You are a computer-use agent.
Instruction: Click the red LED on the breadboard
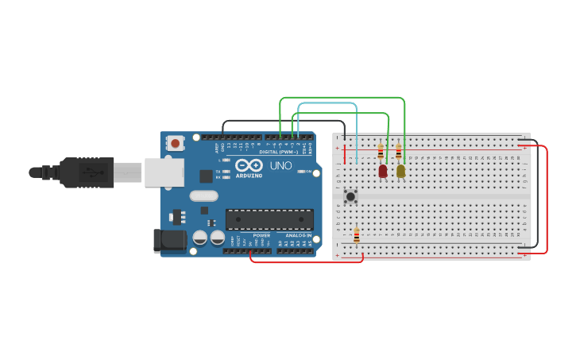coord(383,171)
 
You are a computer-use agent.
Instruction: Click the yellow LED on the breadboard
coord(400,171)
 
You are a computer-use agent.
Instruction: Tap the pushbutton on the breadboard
coord(350,195)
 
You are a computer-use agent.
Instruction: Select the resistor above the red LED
coord(381,152)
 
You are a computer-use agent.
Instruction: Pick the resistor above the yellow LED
coord(399,152)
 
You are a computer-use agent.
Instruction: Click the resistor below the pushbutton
coord(357,235)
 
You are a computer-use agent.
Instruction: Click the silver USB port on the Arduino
coord(164,172)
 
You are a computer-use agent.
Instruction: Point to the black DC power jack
coord(168,240)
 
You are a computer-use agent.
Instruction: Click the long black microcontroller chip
coord(269,219)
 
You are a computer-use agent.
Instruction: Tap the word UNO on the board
coord(281,167)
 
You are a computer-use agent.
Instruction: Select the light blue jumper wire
coord(327,103)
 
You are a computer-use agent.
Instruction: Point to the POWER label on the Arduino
coord(261,236)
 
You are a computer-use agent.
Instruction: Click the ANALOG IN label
coord(299,236)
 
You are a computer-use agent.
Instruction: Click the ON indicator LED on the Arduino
coord(300,171)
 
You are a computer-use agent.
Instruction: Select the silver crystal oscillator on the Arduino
coord(203,195)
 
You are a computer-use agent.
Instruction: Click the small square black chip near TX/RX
coord(207,176)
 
